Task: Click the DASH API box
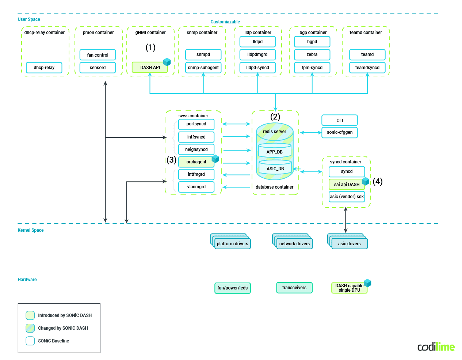[150, 68]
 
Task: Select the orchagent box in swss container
[196, 162]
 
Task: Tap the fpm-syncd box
[312, 68]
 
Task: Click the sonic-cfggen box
[339, 132]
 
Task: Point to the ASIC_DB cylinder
[275, 168]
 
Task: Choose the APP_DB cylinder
[275, 151]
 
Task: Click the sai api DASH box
[347, 185]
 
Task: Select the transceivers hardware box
[294, 288]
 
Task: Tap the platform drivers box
[232, 244]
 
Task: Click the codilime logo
[436, 346]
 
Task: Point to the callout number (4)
[378, 182]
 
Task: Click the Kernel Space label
[31, 230]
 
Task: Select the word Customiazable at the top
[225, 22]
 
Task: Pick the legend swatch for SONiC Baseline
[30, 341]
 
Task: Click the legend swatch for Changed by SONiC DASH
[30, 328]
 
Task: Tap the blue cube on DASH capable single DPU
[367, 283]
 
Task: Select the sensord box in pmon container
[98, 68]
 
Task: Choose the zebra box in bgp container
[312, 54]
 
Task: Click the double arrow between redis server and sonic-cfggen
[310, 132]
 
